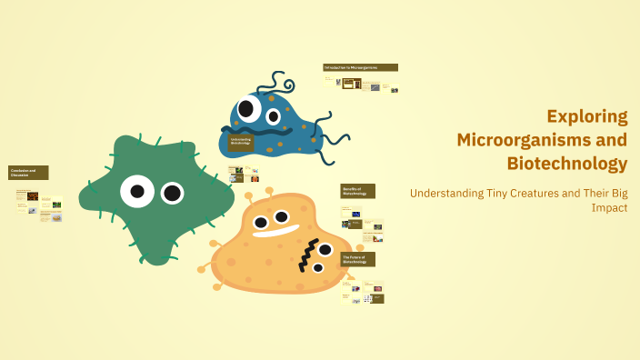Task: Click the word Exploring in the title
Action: (586, 116)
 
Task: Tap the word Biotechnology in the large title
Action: (566, 164)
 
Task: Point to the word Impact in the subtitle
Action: (609, 207)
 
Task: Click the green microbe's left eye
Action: (136, 191)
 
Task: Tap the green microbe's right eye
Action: (172, 193)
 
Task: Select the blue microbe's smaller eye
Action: (273, 116)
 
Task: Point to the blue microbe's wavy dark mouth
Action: (264, 130)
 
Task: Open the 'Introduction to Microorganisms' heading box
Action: (360, 67)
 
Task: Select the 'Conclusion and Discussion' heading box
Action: (28, 173)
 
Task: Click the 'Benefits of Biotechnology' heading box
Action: (357, 191)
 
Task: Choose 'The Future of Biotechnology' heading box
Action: (357, 259)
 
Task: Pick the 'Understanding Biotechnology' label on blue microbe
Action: (241, 141)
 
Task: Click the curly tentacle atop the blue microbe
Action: (277, 86)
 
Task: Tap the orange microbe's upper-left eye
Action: (261, 222)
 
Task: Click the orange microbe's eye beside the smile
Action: (282, 216)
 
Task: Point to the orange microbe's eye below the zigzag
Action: (318, 268)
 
